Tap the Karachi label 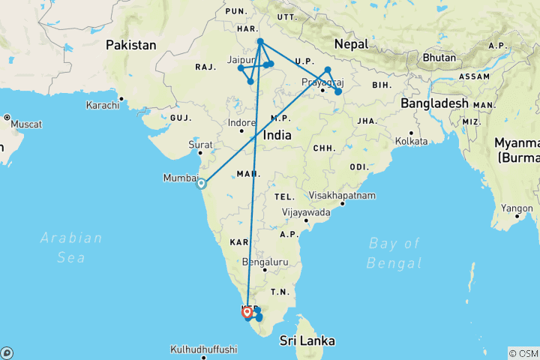pos(103,105)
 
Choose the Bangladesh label pos(434,103)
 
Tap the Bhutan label pos(439,57)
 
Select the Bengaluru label pos(266,262)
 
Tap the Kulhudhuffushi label pos(204,349)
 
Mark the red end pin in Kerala pos(247,310)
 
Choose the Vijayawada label pos(306,212)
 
